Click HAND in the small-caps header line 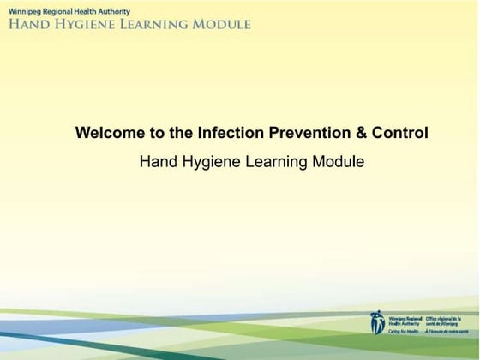click(30, 24)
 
